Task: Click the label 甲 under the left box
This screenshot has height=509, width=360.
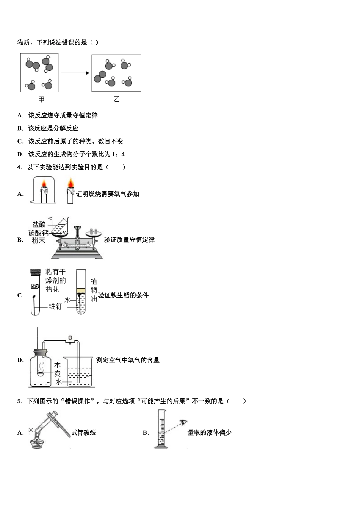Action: (x=41, y=99)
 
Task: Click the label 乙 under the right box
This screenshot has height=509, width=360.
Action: (x=116, y=99)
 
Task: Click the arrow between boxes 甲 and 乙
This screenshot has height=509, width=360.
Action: (x=75, y=73)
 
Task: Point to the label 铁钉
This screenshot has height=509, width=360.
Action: (x=55, y=306)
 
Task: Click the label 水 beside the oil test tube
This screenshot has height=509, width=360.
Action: (x=67, y=300)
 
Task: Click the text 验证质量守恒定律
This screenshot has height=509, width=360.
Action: (x=129, y=240)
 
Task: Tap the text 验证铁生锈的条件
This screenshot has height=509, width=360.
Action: (x=124, y=295)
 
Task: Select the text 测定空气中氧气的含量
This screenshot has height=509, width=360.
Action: (x=128, y=360)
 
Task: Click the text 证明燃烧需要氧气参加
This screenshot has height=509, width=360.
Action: (x=108, y=194)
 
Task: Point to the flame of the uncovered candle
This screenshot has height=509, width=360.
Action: (x=70, y=184)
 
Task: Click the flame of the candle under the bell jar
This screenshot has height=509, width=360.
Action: (x=44, y=184)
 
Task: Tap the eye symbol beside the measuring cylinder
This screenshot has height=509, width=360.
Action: (x=184, y=422)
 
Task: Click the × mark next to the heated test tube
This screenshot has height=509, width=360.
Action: (x=31, y=430)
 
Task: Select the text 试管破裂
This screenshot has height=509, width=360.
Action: (x=83, y=432)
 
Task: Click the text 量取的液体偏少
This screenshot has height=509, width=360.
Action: (x=209, y=432)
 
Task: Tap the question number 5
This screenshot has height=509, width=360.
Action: (x=19, y=401)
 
